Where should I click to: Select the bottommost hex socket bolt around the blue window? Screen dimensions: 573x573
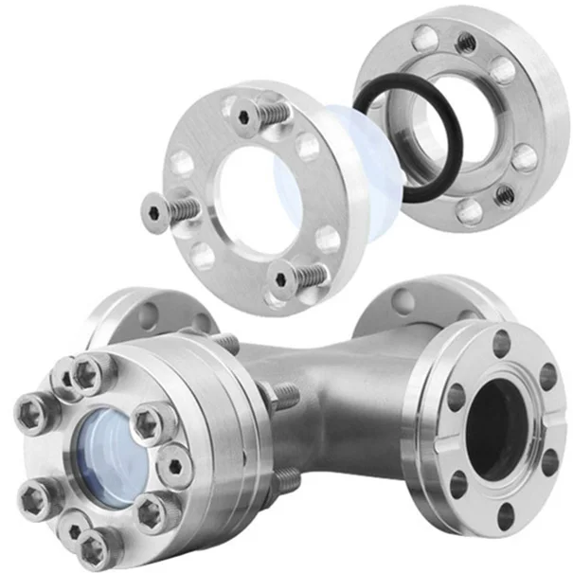point(94,546)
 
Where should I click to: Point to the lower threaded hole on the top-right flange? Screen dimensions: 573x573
point(506,194)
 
